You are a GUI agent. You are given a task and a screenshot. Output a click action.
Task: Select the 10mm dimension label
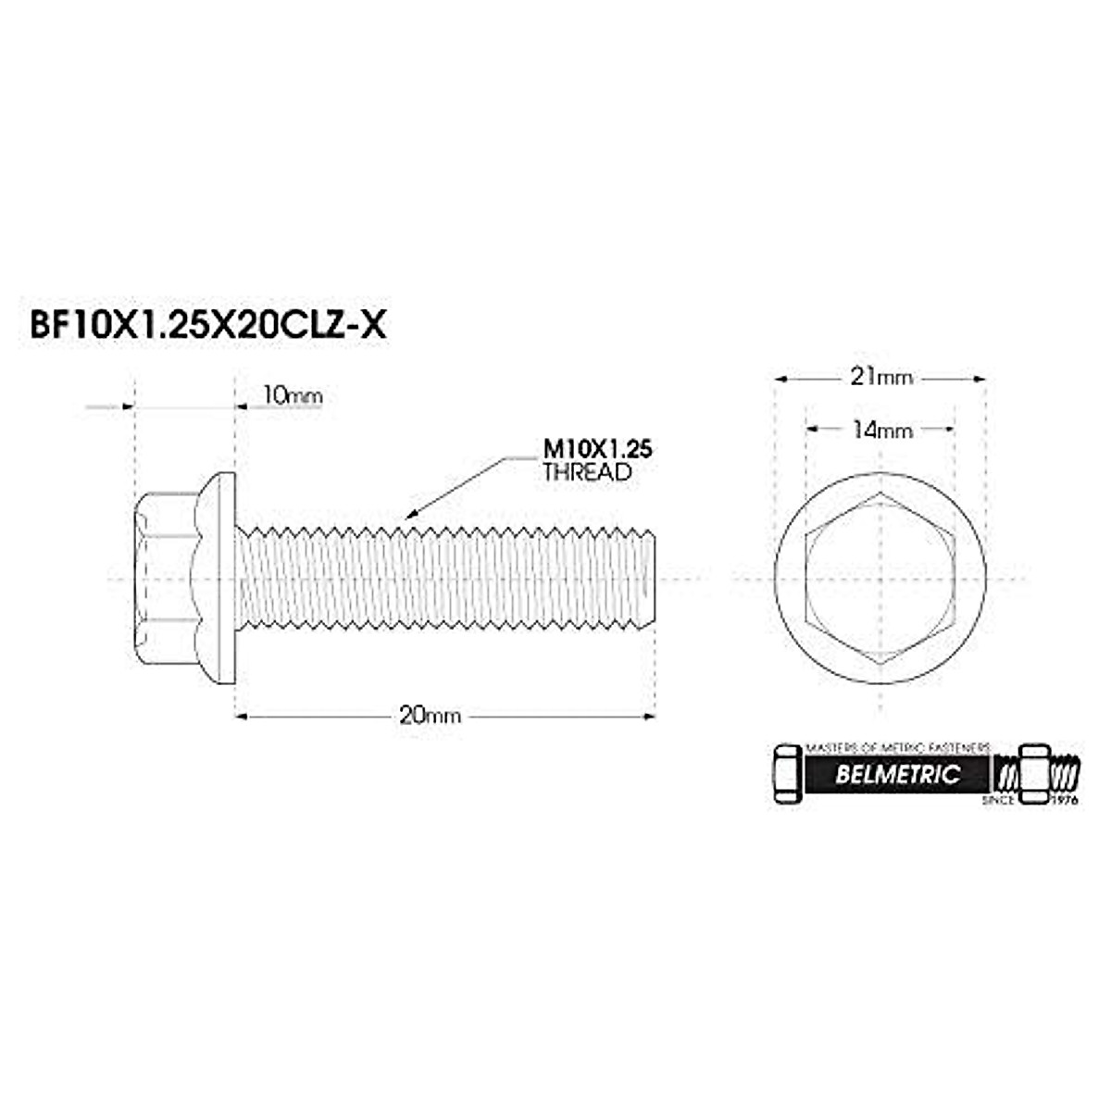tap(293, 396)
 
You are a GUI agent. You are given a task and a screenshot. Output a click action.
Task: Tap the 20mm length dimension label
tap(430, 715)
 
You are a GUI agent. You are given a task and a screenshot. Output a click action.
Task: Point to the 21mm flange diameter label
tap(880, 377)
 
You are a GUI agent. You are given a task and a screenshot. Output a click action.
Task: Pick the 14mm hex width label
tap(880, 430)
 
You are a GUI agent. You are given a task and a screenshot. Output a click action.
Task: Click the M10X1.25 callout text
tap(597, 449)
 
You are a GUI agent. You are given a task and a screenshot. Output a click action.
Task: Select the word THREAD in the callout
tap(586, 471)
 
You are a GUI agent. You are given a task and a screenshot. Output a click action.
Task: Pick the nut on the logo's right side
tap(1032, 772)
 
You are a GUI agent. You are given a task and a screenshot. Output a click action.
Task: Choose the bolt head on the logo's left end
tap(786, 774)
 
